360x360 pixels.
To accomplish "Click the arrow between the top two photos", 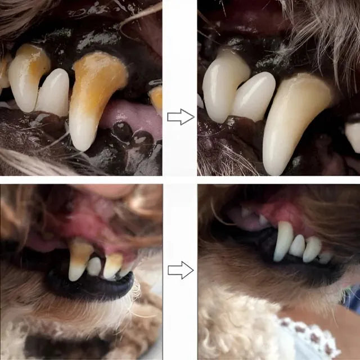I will (x=180, y=117).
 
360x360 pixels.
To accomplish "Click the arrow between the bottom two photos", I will (x=180, y=270).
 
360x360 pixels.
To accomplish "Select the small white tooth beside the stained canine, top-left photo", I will (x=53, y=93).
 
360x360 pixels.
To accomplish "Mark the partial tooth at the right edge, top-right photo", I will (x=353, y=135).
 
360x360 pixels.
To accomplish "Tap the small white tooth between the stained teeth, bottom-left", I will (x=94, y=266).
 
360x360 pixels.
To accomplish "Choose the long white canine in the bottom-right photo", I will (x=283, y=241).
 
